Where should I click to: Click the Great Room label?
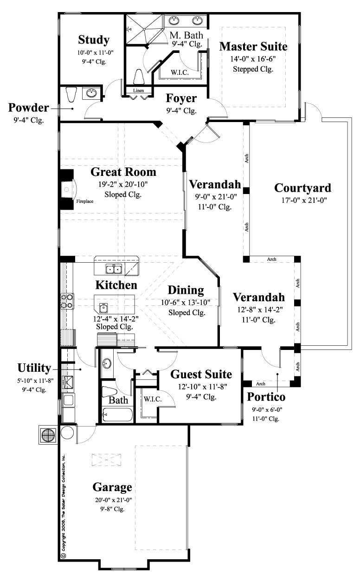[x=123, y=172]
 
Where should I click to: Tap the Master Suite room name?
[x=253, y=46]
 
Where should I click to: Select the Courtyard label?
[x=302, y=188]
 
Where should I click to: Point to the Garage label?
[x=112, y=487]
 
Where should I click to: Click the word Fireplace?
[x=85, y=201]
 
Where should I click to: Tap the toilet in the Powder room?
[x=71, y=95]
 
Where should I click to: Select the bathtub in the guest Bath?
[x=116, y=414]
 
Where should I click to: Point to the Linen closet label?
[x=138, y=90]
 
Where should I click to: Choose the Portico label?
[x=266, y=397]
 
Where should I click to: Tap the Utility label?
[x=34, y=368]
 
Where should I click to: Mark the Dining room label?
[x=186, y=291]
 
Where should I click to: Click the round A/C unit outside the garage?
[x=49, y=435]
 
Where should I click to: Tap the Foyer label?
[x=181, y=98]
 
